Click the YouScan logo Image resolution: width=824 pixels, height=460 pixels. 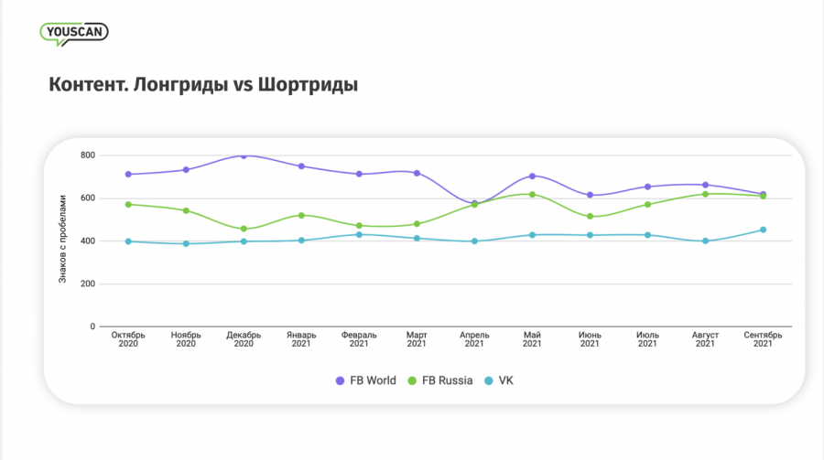tap(74, 32)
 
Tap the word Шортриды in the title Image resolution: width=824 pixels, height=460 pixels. tap(309, 85)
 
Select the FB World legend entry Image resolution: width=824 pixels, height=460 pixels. tap(365, 380)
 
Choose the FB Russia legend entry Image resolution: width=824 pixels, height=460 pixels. tap(441, 380)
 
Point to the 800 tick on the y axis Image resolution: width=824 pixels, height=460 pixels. tap(87, 155)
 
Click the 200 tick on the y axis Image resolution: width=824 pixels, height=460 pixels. tap(87, 283)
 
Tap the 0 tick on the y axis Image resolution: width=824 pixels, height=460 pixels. tap(92, 326)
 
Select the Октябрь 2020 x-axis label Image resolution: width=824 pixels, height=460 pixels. tap(128, 339)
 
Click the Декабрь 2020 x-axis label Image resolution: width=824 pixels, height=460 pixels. tap(244, 339)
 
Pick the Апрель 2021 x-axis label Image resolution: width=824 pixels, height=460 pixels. tap(474, 339)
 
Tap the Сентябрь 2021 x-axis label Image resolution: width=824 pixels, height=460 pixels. tap(763, 339)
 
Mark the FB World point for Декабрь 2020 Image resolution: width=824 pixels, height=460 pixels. tap(244, 155)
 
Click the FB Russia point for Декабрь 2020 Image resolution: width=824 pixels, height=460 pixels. tap(244, 229)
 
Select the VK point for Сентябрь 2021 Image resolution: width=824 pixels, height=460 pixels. tap(763, 230)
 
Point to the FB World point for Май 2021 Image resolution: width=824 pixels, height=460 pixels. tap(532, 176)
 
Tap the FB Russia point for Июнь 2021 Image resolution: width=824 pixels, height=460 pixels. tap(590, 217)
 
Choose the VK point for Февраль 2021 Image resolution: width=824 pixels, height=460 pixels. tap(359, 234)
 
